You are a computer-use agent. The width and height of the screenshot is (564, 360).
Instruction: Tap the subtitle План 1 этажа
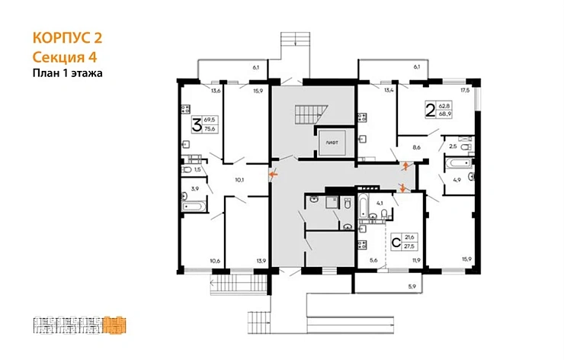pos(67,73)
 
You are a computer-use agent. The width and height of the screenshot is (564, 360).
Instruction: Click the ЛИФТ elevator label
pos(332,143)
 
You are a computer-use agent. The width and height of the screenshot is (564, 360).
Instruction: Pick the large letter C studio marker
pos(396,243)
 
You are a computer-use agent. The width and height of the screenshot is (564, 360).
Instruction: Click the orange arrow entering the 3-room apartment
pos(273,175)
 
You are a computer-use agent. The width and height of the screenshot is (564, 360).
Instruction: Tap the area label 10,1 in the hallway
pos(239,181)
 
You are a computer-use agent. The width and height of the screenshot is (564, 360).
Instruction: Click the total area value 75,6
pos(211,130)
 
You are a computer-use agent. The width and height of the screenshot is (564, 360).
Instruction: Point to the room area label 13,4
pos(389,91)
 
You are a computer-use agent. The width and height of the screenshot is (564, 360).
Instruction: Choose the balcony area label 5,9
pos(412,287)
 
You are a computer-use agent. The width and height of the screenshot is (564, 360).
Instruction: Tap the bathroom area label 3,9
pos(194,188)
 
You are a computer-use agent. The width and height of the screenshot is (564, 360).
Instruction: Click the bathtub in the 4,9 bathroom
pos(457,163)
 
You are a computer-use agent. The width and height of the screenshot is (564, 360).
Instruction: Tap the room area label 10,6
pos(215,262)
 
